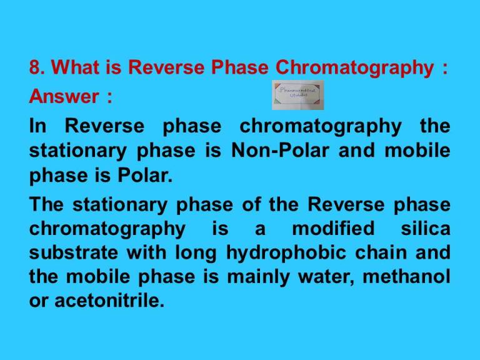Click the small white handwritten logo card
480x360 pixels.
click(x=297, y=95)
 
